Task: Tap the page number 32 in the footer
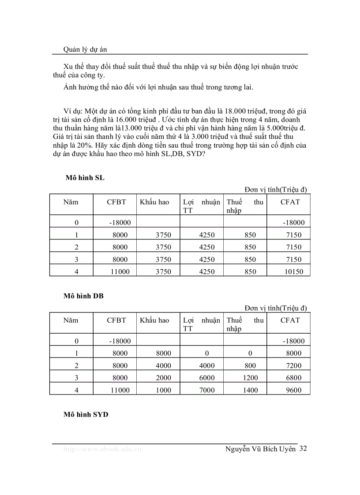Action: click(x=303, y=449)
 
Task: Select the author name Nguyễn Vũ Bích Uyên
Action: click(x=260, y=449)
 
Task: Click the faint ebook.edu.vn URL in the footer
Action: click(x=102, y=449)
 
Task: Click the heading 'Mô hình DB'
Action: click(x=84, y=296)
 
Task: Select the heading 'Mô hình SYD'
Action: click(x=86, y=415)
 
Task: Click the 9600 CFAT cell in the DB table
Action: click(x=294, y=390)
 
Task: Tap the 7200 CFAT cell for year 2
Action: click(x=294, y=365)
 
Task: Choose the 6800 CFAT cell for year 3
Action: click(x=294, y=378)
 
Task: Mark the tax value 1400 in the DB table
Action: click(x=250, y=390)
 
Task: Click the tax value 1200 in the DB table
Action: click(x=250, y=378)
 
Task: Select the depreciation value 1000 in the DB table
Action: click(x=164, y=390)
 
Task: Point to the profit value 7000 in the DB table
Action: click(x=207, y=390)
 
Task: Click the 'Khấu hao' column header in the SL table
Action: click(x=154, y=202)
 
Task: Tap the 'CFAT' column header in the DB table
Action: click(x=290, y=320)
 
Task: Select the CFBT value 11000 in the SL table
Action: click(x=120, y=272)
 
